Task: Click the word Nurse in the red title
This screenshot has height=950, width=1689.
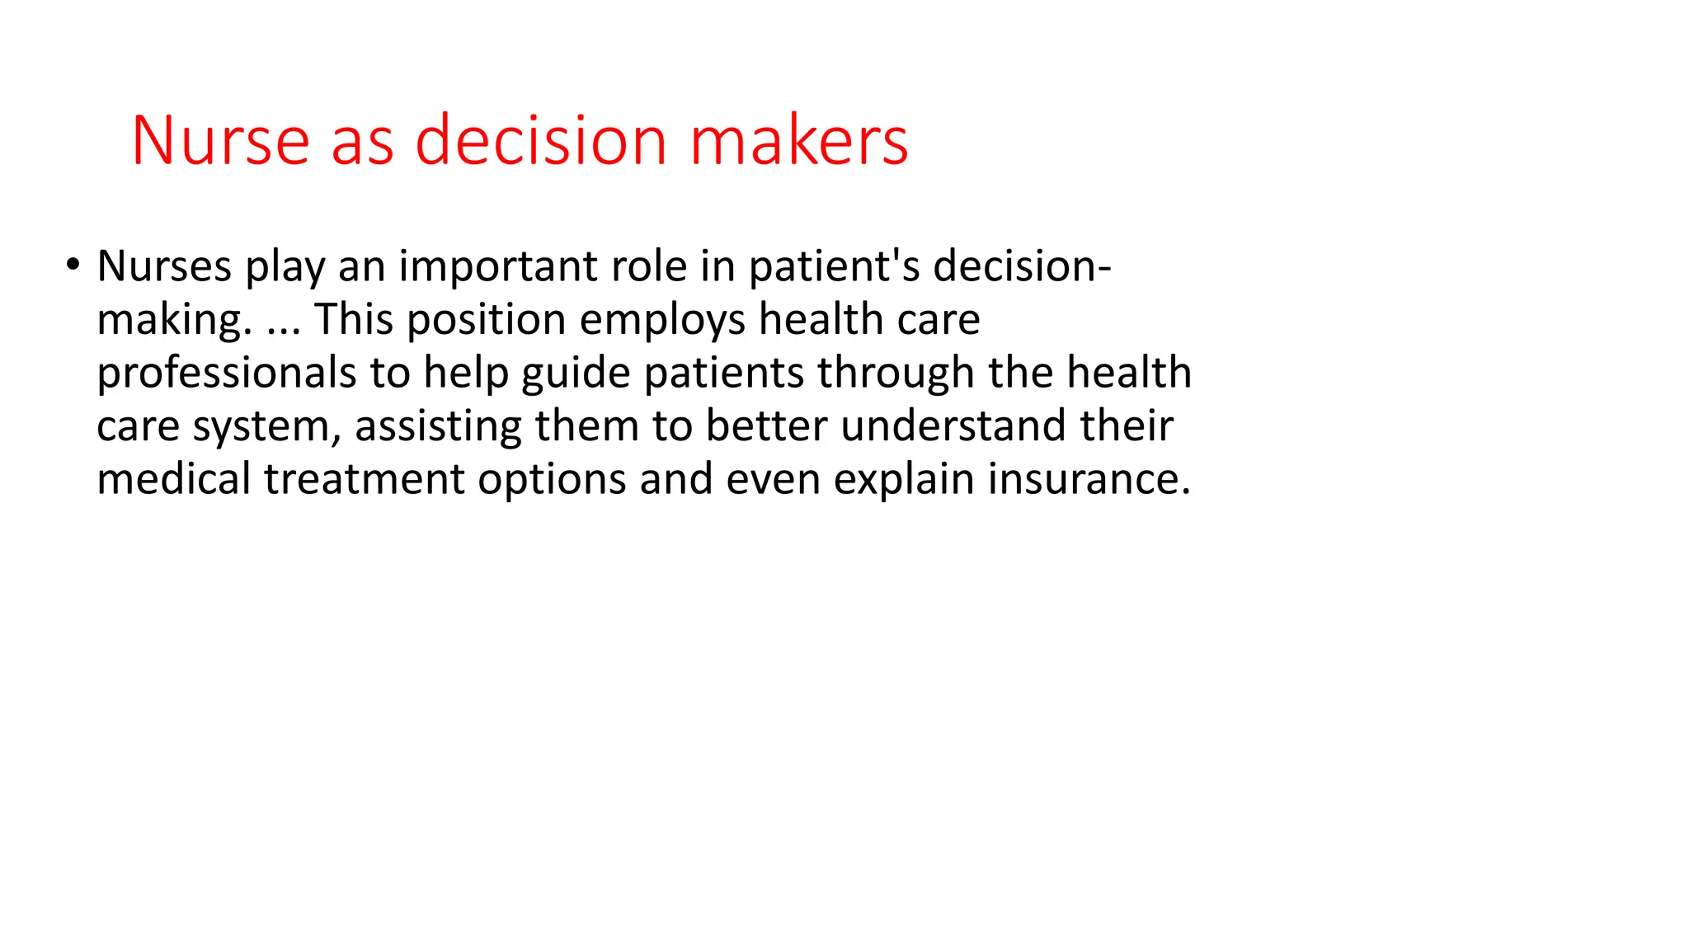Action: click(x=220, y=141)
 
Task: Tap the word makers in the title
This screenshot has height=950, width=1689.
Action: click(x=798, y=141)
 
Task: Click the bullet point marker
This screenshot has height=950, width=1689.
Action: click(x=73, y=265)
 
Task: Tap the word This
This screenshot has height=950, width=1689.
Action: click(x=353, y=320)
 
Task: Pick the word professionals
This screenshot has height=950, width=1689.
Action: click(x=227, y=374)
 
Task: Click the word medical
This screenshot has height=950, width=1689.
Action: click(x=173, y=479)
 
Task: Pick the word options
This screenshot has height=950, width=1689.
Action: click(x=552, y=481)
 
